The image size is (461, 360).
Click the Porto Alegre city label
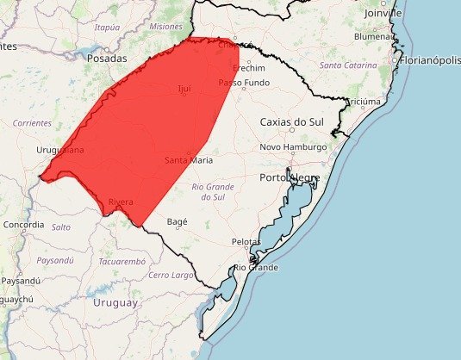290,177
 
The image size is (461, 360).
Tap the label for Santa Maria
189,160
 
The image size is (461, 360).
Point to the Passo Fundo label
244,83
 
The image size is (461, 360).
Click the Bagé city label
177,221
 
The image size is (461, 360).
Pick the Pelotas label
246,242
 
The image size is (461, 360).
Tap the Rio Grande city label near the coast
256,268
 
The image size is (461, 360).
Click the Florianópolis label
429,60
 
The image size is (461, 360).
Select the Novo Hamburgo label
293,147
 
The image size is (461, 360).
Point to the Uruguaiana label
60,150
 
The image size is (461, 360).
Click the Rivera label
121,202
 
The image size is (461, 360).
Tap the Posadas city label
107,59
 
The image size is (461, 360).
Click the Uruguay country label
112,302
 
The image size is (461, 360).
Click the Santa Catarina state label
348,65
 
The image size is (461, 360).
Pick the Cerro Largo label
171,275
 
